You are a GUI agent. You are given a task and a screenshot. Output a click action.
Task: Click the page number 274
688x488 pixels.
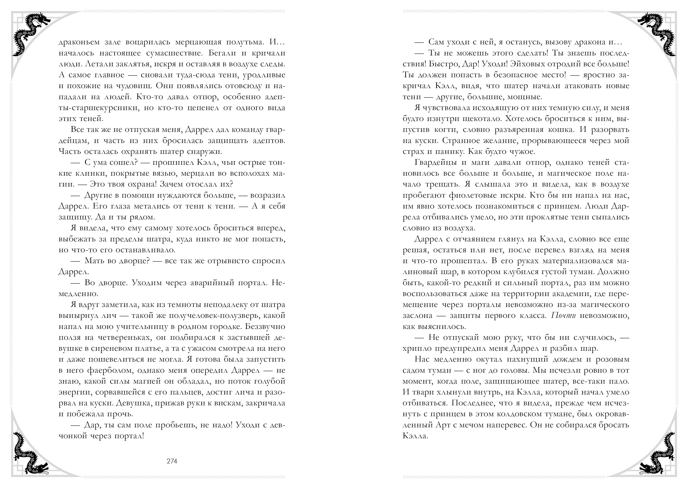(x=172, y=461)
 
